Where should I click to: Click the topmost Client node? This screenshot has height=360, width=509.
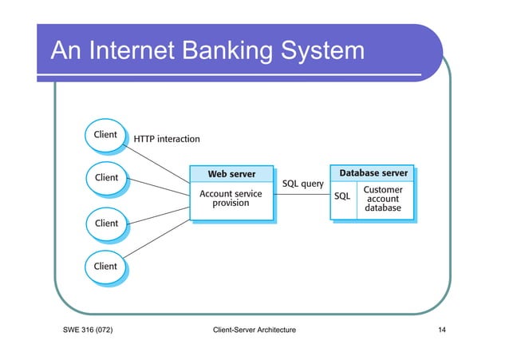105,135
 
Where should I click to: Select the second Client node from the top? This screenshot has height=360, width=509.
105,178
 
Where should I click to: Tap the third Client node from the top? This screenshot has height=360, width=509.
105,224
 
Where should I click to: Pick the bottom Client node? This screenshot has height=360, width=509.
105,266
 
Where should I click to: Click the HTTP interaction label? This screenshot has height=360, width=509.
167,139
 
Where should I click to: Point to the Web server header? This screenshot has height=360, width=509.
231,174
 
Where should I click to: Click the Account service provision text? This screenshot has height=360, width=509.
231,198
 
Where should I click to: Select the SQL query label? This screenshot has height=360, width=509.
303,184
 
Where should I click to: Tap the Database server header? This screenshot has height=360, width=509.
373,173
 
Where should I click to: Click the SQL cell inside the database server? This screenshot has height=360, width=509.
341,196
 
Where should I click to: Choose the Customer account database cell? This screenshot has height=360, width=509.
383,200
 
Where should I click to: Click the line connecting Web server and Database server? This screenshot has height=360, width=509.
302,196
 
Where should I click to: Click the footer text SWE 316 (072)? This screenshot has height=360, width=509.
87,330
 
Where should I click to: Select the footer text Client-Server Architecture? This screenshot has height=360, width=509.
250,330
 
